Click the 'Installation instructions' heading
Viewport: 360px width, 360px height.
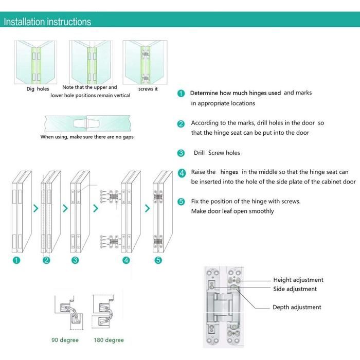pyautogui.click(x=48, y=22)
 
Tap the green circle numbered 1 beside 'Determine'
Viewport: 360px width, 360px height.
pyautogui.click(x=181, y=94)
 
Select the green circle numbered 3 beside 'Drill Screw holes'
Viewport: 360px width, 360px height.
pyautogui.click(x=181, y=153)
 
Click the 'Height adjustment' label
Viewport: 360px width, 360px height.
pyautogui.click(x=298, y=280)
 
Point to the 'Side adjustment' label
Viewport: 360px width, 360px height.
pyautogui.click(x=295, y=289)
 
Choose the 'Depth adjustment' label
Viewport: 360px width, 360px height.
pyautogui.click(x=297, y=307)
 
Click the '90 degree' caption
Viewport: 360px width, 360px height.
pyautogui.click(x=65, y=340)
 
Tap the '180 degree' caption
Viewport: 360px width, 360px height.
pyautogui.click(x=109, y=340)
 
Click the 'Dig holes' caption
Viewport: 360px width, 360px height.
pyautogui.click(x=38, y=89)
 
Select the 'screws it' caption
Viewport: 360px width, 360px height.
pyautogui.click(x=148, y=89)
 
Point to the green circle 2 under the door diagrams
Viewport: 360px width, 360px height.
pyautogui.click(x=46, y=260)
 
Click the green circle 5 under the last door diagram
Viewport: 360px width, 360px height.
pyautogui.click(x=158, y=260)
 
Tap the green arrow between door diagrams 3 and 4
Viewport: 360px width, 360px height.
pyautogui.click(x=95, y=208)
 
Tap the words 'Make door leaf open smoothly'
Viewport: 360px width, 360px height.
pyautogui.click(x=232, y=211)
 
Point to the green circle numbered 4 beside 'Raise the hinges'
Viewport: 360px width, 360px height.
pyautogui.click(x=181, y=173)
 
